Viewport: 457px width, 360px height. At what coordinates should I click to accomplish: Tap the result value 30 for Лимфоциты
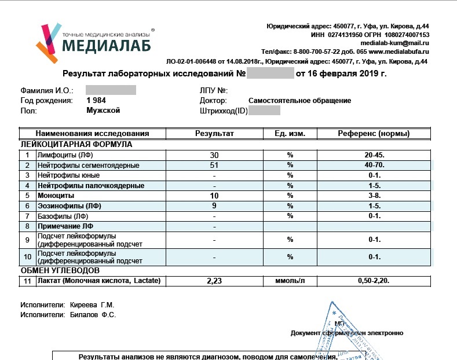tap(214, 155)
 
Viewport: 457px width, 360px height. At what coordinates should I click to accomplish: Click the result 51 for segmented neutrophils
tap(214, 166)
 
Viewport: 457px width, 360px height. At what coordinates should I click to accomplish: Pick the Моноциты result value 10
tap(214, 196)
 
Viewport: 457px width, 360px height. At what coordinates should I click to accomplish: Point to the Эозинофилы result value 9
tap(214, 205)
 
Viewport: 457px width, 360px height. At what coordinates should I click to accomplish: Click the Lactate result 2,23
tap(214, 281)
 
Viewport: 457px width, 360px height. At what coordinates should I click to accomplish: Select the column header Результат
tap(214, 134)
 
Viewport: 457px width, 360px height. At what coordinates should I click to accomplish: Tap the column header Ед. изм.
tap(290, 134)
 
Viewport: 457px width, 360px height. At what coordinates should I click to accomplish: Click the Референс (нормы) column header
tap(374, 134)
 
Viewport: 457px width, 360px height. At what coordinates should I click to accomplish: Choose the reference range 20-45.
tap(374, 155)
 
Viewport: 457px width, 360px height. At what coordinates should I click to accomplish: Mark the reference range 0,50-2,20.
tap(374, 281)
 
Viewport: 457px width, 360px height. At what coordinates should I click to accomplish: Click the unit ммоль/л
tap(290, 281)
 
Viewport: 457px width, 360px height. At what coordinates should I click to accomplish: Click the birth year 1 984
tap(96, 100)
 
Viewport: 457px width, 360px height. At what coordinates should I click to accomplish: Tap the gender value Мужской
tap(103, 110)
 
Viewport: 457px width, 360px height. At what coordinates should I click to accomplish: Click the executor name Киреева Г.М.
tap(93, 304)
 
